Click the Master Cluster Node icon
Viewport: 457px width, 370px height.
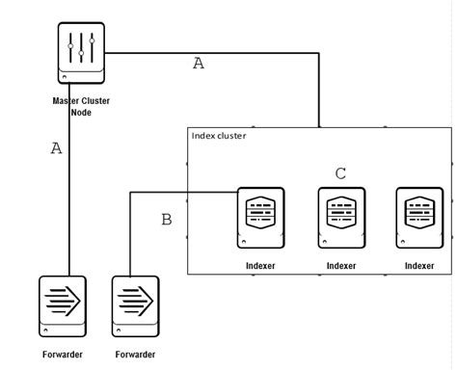tap(81, 56)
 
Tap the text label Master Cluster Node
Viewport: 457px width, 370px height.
tap(81, 106)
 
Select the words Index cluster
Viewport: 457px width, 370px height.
tap(219, 136)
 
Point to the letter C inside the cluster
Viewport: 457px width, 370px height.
tap(340, 173)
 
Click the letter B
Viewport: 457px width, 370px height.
tap(167, 221)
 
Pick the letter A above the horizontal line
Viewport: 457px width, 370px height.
tap(199, 64)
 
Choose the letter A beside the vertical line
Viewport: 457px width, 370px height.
tap(56, 148)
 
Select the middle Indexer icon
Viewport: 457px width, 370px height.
tap(341, 218)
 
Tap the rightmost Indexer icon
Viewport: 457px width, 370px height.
tap(420, 218)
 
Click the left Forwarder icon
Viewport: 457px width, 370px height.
tap(63, 307)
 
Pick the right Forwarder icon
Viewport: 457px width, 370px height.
tap(136, 307)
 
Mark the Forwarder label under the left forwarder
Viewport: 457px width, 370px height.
tap(63, 355)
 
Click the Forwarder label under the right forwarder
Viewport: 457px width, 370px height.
tap(136, 355)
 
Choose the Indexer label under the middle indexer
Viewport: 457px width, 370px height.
tap(341, 265)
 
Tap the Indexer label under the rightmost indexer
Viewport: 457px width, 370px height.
tap(420, 265)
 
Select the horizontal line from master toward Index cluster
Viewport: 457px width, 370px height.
tap(212, 54)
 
